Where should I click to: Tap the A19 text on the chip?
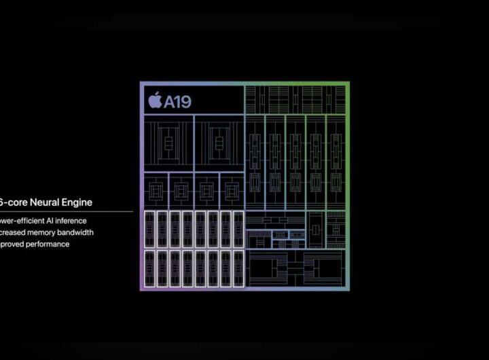point(177,103)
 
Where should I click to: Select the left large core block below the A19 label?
point(168,142)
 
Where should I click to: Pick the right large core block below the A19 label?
point(219,142)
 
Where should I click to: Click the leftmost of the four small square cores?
point(156,191)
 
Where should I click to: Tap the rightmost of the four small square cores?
point(231,191)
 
